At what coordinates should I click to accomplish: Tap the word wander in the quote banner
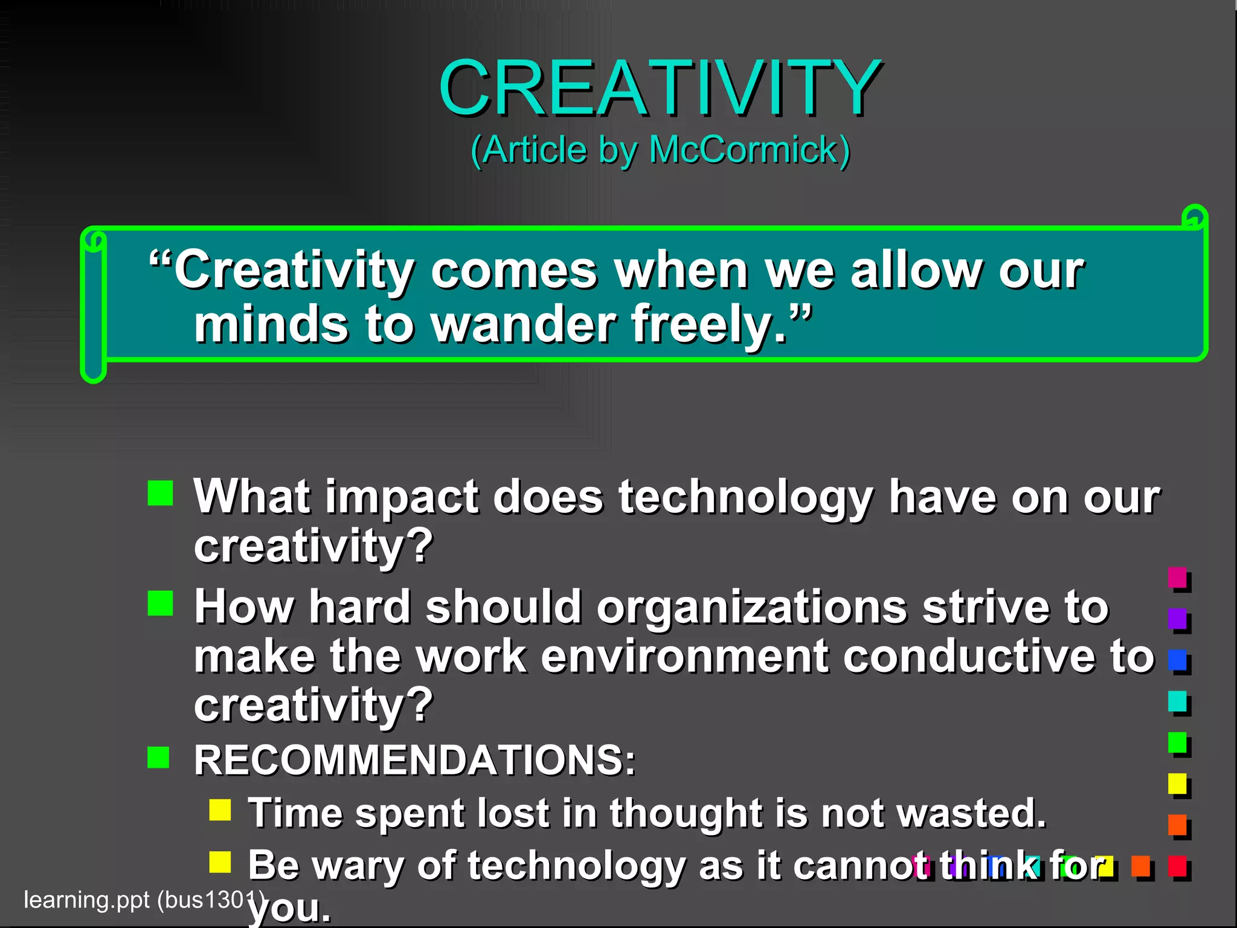523,324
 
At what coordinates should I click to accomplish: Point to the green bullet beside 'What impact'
160,493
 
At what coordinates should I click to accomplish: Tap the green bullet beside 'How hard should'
160,603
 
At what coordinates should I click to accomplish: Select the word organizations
751,607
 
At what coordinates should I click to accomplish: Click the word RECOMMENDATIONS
414,759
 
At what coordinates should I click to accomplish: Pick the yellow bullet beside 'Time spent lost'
220,810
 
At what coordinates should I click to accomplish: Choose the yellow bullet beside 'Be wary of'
220,862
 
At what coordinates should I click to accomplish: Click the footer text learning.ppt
86,900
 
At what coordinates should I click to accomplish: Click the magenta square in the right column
1177,577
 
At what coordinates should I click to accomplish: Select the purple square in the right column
1177,618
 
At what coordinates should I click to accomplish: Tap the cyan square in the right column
1177,701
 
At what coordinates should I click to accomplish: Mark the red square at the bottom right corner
1177,866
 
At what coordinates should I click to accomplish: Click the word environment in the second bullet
684,656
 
